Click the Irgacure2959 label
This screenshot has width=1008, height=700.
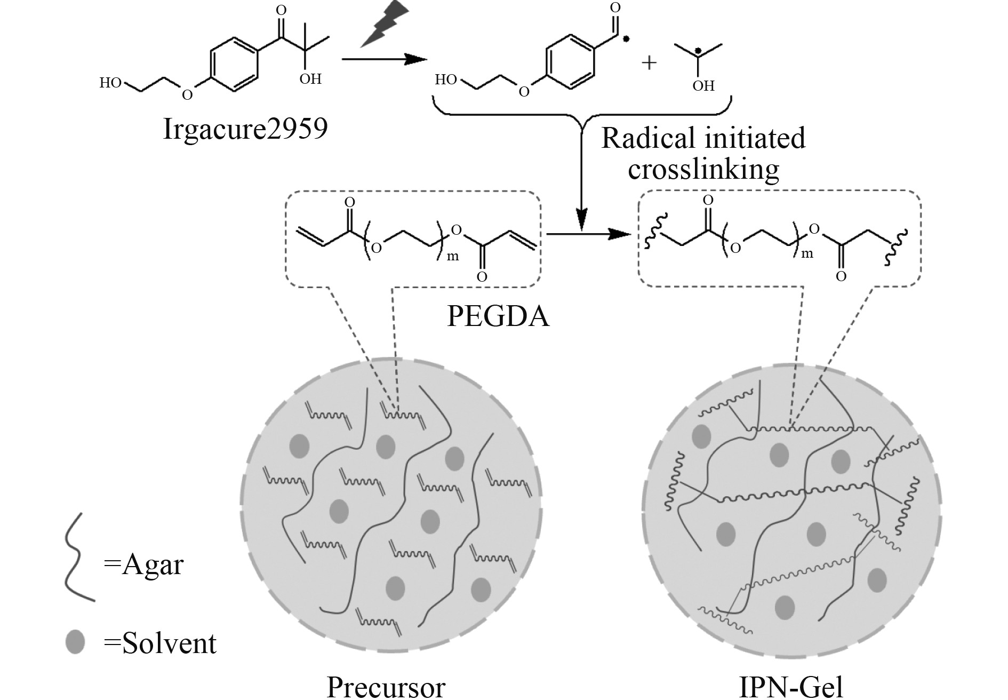click(x=245, y=130)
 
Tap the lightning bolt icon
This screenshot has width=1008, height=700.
click(x=385, y=24)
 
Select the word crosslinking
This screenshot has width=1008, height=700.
click(x=703, y=169)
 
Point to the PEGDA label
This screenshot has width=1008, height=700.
click(x=498, y=316)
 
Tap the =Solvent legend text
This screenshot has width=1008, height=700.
click(x=160, y=643)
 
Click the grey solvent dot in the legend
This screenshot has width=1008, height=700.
click(x=75, y=642)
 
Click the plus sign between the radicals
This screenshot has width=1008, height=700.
click(x=649, y=63)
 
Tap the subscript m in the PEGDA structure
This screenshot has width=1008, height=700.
click(x=452, y=257)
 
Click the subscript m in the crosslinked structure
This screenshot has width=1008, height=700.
click(x=807, y=254)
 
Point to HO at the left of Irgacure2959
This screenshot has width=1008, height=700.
click(x=110, y=83)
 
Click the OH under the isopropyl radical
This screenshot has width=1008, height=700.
click(x=703, y=86)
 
